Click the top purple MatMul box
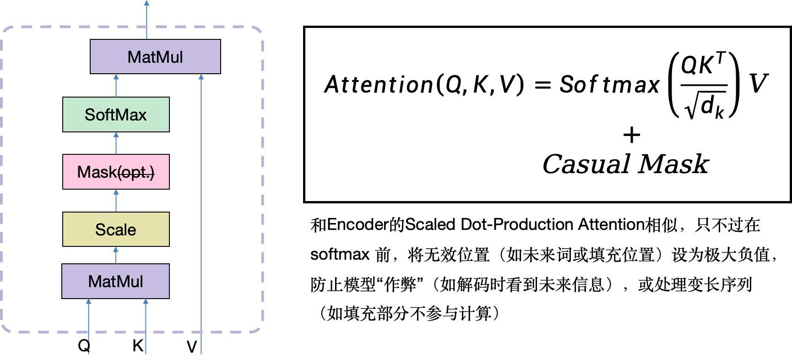point(155,57)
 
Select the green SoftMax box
point(116,115)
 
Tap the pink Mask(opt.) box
point(116,172)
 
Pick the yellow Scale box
point(116,229)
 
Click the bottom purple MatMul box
point(115,281)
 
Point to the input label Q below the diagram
point(84,345)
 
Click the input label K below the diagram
point(137,345)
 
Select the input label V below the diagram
point(191,347)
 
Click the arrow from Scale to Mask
point(116,201)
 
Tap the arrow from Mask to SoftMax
point(116,143)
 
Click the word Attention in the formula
point(378,84)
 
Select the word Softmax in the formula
point(609,84)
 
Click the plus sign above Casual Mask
point(632,135)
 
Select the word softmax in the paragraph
point(340,254)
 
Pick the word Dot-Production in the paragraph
point(517,225)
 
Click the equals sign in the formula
point(542,85)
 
